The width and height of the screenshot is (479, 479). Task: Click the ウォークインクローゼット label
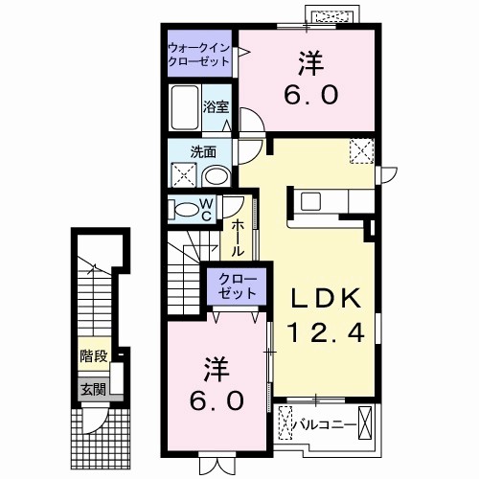[x=199, y=53]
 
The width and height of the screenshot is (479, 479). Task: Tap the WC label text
[x=205, y=210]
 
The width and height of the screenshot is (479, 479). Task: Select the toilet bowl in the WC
[x=182, y=210]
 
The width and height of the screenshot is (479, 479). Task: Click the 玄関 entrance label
[x=93, y=389]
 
